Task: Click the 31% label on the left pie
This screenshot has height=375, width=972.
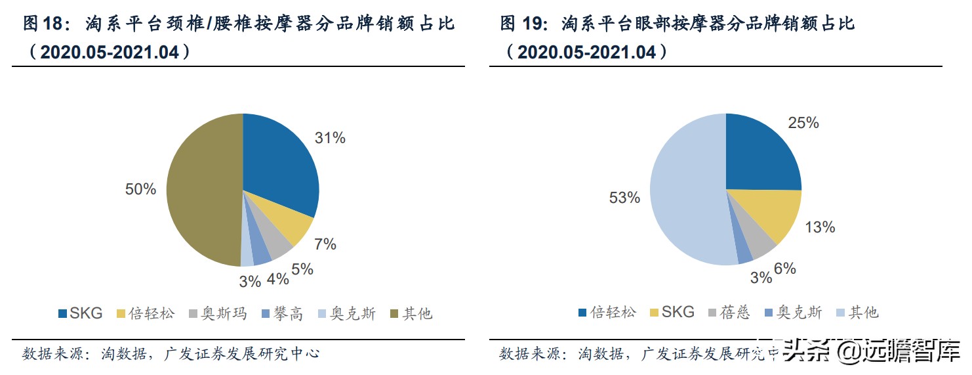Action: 330,138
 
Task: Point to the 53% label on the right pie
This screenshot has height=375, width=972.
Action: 624,197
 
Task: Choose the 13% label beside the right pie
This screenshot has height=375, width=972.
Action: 820,227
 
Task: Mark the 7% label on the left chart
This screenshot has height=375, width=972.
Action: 325,244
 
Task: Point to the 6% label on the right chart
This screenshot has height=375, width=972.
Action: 784,268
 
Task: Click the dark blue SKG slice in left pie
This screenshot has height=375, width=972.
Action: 279,164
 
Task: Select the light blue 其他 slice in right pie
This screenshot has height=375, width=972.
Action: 689,197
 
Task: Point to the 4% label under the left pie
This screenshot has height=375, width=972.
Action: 278,279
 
